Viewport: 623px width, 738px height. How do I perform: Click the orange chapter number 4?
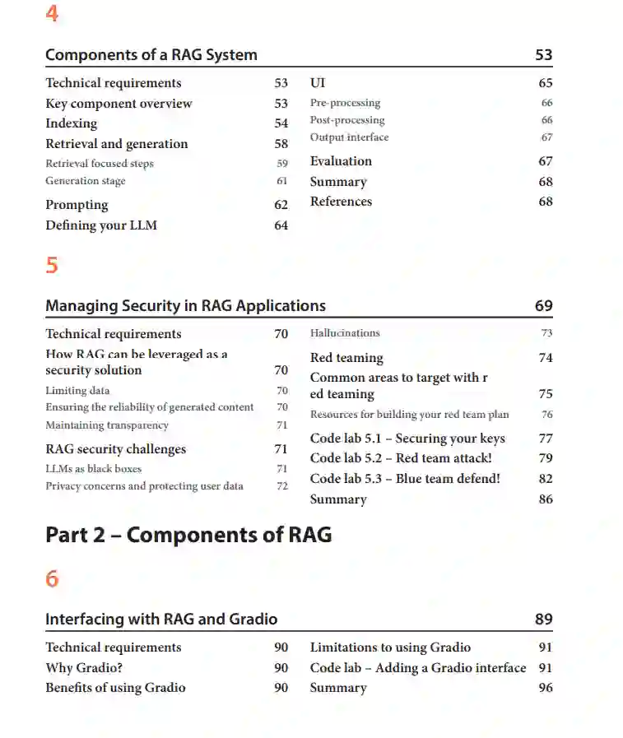click(x=52, y=14)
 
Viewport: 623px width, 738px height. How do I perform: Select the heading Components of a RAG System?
click(x=151, y=55)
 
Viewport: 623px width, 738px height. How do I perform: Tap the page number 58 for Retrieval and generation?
click(x=281, y=144)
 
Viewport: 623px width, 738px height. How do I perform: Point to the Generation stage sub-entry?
click(x=85, y=181)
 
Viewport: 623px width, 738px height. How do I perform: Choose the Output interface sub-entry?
click(x=349, y=137)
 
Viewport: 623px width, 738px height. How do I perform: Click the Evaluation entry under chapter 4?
click(x=341, y=161)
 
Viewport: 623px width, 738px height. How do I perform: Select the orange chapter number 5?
click(x=52, y=265)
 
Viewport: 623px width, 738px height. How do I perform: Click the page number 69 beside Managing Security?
click(x=543, y=306)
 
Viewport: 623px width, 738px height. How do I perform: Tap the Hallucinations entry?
click(x=345, y=333)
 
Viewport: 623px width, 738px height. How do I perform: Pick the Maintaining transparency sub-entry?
click(x=107, y=425)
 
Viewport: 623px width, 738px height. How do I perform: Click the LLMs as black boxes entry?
click(x=93, y=469)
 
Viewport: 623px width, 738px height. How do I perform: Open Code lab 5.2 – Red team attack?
click(x=401, y=458)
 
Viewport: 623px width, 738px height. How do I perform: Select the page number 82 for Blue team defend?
click(x=546, y=479)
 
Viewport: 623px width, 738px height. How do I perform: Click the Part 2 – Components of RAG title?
click(x=188, y=535)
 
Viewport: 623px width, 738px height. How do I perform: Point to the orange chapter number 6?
click(x=52, y=579)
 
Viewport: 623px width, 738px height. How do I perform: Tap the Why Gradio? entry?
click(x=84, y=668)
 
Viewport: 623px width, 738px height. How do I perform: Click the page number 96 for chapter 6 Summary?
click(x=546, y=688)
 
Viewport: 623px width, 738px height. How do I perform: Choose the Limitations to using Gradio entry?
click(x=390, y=647)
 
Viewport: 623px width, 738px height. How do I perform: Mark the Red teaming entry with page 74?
click(x=346, y=358)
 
